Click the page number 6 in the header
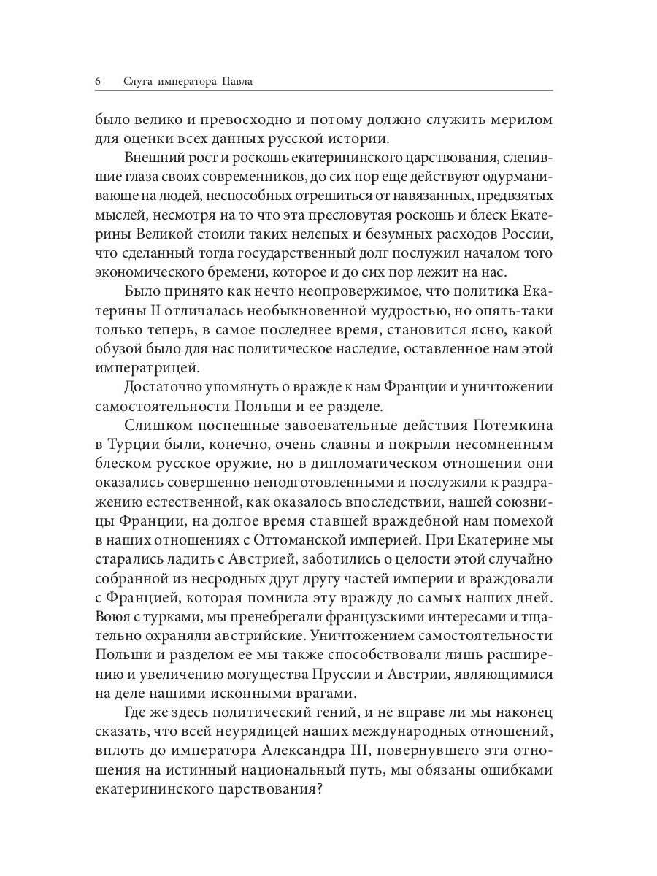click(x=98, y=80)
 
